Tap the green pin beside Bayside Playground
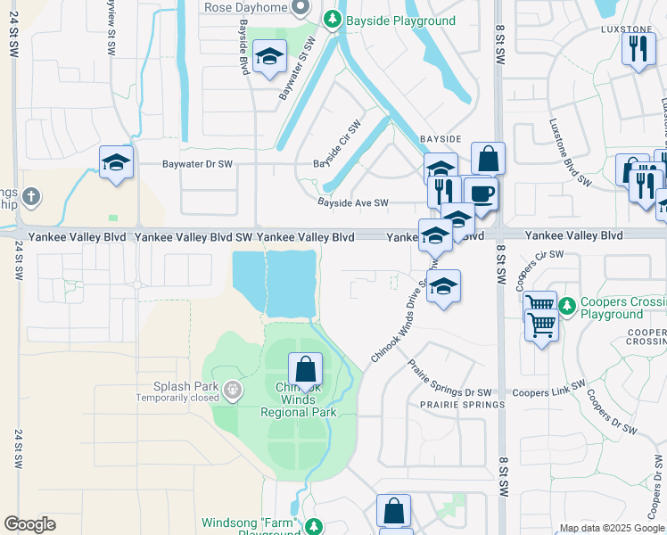[333, 19]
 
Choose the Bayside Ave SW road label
[353, 203]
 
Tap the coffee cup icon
[481, 193]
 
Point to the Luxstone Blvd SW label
[570, 152]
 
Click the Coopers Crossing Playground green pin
[567, 308]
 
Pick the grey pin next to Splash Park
[233, 390]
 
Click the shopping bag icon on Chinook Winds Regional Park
[305, 368]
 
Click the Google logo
[30, 524]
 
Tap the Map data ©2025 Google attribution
[611, 528]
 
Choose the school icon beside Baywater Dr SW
[116, 162]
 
